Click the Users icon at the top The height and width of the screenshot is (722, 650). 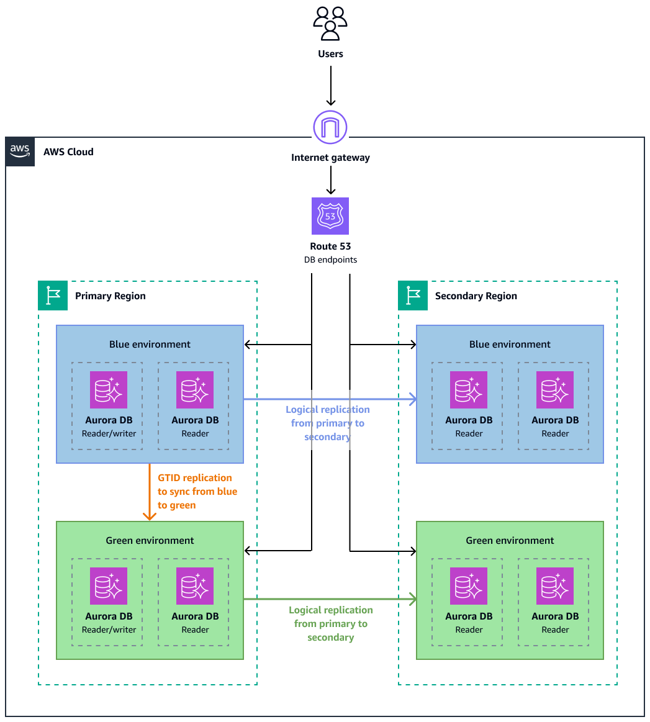tap(330, 24)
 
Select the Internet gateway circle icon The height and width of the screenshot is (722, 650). tap(330, 127)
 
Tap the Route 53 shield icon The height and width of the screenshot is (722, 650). tap(330, 216)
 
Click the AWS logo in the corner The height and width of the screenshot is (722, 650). tap(20, 151)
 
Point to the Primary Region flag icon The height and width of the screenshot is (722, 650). tap(53, 296)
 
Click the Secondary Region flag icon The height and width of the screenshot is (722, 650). tap(413, 296)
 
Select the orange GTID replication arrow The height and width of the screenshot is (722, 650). tap(149, 491)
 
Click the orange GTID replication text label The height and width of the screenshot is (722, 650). tap(197, 492)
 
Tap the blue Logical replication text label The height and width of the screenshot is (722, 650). tap(328, 423)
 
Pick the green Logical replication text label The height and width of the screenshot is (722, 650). tap(331, 623)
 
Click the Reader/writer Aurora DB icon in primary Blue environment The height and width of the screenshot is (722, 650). tap(109, 390)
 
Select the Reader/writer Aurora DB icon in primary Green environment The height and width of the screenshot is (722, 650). tap(109, 586)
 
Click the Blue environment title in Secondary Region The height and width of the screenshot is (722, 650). tap(510, 344)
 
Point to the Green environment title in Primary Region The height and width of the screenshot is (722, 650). tap(150, 540)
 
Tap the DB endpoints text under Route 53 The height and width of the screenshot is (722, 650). tap(330, 259)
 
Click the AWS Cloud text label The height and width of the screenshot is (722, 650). tap(68, 151)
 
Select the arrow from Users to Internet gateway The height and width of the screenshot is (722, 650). tap(330, 85)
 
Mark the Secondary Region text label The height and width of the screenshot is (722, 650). tap(476, 296)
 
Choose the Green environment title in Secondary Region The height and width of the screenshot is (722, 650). tap(510, 540)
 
